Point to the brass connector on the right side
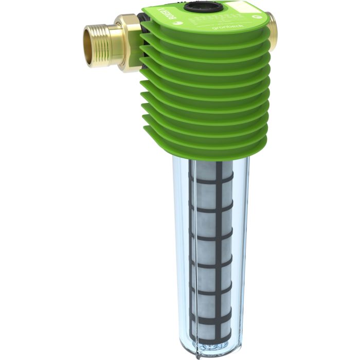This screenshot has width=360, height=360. (x=272, y=29)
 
